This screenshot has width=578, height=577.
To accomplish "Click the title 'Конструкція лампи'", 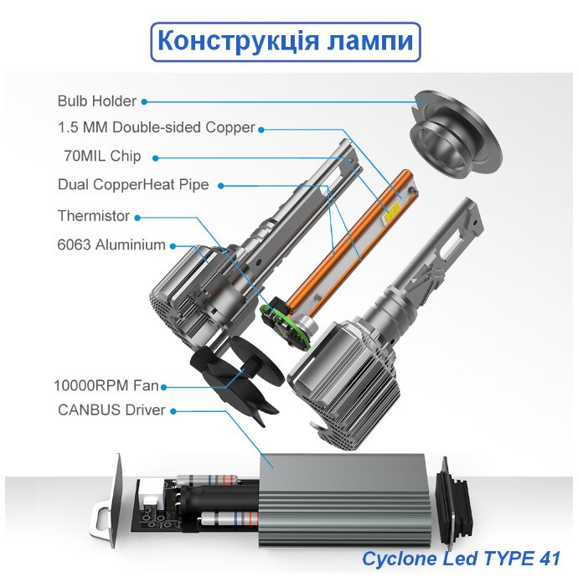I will pos(285,42).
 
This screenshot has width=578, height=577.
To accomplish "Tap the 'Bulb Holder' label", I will pos(96,101).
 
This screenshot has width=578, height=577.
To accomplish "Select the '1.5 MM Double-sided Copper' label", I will pos(156,128).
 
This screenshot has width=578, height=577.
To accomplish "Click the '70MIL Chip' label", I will pos(102,156).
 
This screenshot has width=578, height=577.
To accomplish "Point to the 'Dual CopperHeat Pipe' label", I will pos(133,184).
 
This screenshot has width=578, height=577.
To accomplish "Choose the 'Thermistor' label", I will pos(94,216).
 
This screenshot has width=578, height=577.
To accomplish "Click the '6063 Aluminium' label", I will pos(112,245).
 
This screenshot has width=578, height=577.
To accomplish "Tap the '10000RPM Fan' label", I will pos(106,386).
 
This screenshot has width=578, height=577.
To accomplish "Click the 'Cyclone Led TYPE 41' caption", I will pos(462,558).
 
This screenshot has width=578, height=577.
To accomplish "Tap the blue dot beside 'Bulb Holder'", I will pos(144,101).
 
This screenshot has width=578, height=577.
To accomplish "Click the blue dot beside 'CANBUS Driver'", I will pos(173,410).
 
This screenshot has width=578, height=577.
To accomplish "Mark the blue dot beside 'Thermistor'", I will pos(137,217).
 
